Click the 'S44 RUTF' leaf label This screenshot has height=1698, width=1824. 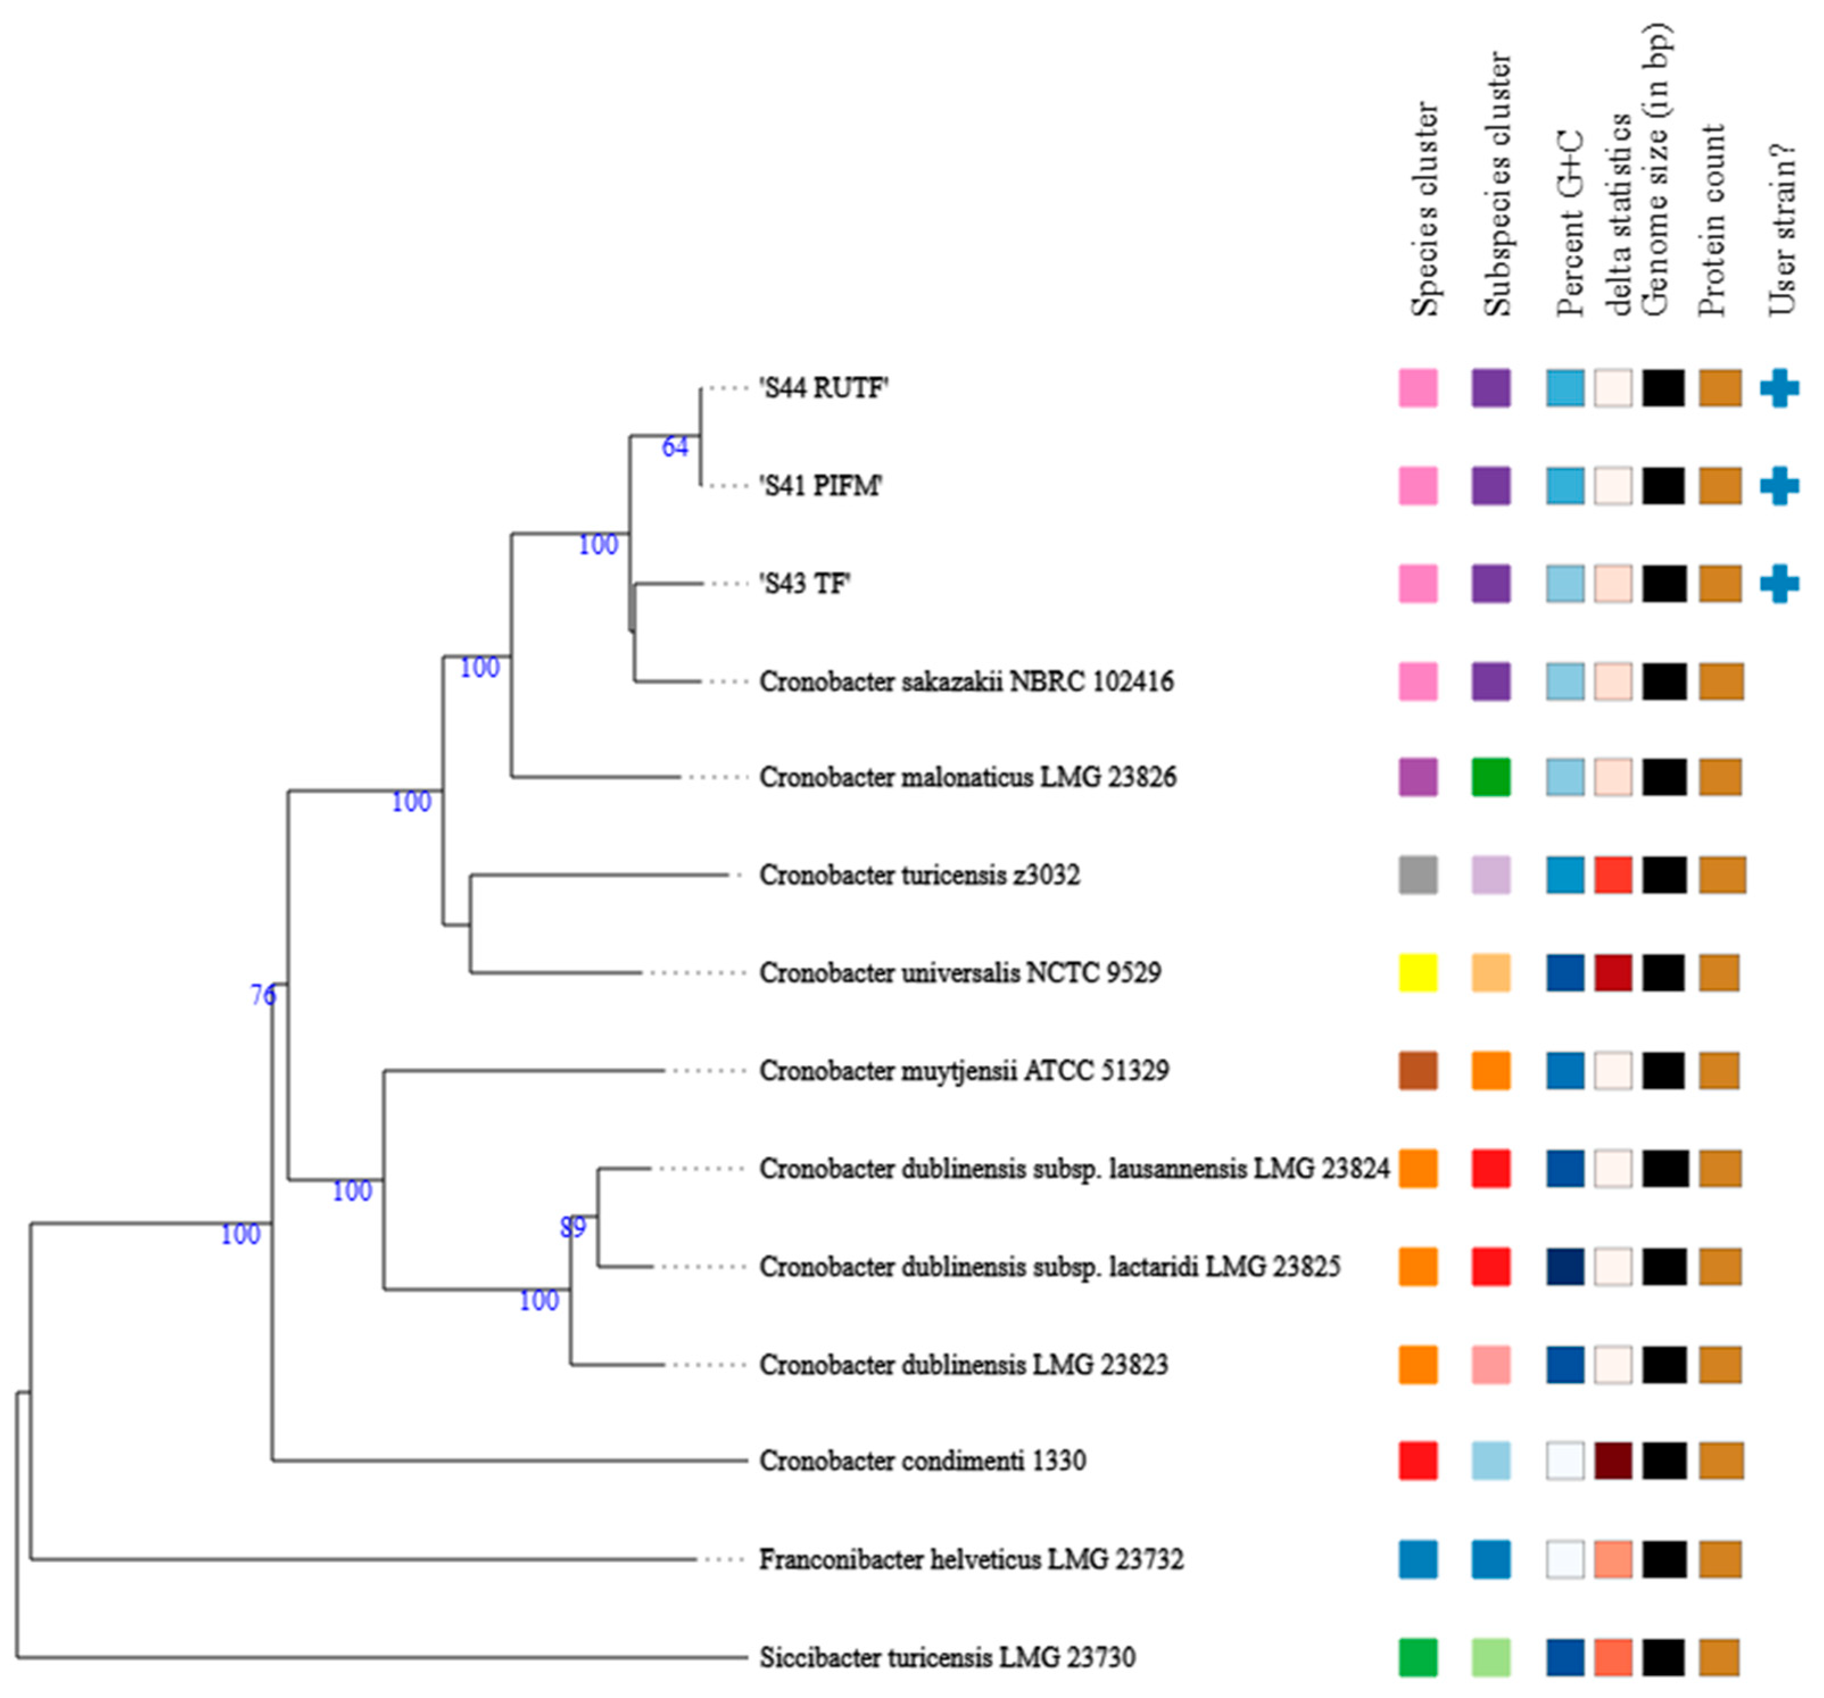(823, 388)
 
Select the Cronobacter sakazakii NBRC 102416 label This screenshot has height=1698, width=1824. (965, 682)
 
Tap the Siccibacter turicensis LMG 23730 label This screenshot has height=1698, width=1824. (947, 1658)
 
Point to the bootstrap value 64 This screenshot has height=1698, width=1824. (674, 447)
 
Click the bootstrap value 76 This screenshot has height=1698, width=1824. (263, 994)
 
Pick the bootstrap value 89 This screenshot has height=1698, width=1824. (573, 1227)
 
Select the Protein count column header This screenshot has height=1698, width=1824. (1711, 220)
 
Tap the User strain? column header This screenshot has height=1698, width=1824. (1781, 229)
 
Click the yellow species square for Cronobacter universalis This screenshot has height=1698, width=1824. (1417, 973)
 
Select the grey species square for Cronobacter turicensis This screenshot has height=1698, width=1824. (1417, 875)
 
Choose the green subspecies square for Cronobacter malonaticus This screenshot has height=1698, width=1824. (1490, 777)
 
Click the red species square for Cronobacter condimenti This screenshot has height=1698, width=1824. (1417, 1462)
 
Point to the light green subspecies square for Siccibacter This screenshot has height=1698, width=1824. (1490, 1658)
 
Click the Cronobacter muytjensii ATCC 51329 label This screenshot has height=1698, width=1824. (963, 1070)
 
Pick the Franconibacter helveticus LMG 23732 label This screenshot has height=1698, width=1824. (971, 1559)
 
